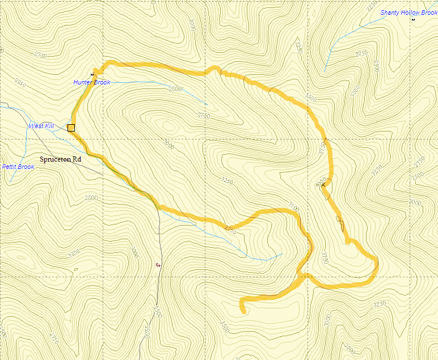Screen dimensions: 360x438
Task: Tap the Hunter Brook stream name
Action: pyautogui.click(x=91, y=83)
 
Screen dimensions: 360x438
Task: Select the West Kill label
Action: pyautogui.click(x=41, y=126)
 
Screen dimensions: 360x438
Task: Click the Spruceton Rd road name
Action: pyautogui.click(x=60, y=160)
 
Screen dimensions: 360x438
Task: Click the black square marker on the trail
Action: pyautogui.click(x=71, y=128)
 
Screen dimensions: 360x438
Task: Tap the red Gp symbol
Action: pyautogui.click(x=158, y=264)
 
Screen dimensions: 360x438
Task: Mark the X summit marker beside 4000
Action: pyautogui.click(x=323, y=185)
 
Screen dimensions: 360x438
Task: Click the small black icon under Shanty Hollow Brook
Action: pyautogui.click(x=413, y=20)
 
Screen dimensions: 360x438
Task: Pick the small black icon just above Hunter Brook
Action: pyautogui.click(x=92, y=74)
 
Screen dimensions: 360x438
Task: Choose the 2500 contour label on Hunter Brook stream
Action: pyautogui.click(x=176, y=89)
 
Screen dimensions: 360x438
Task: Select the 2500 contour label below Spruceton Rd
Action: pyautogui.click(x=91, y=198)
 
